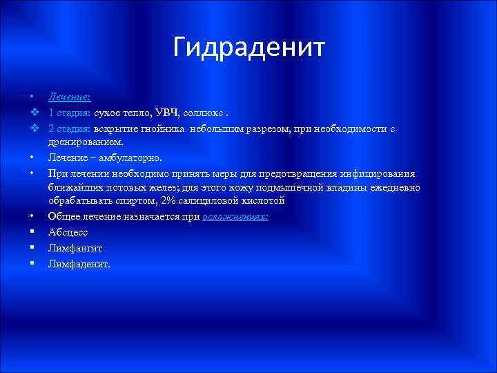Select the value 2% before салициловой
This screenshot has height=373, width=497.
click(x=166, y=200)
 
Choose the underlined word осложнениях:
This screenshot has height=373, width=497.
click(x=235, y=216)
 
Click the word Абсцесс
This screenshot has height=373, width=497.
click(x=67, y=232)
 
